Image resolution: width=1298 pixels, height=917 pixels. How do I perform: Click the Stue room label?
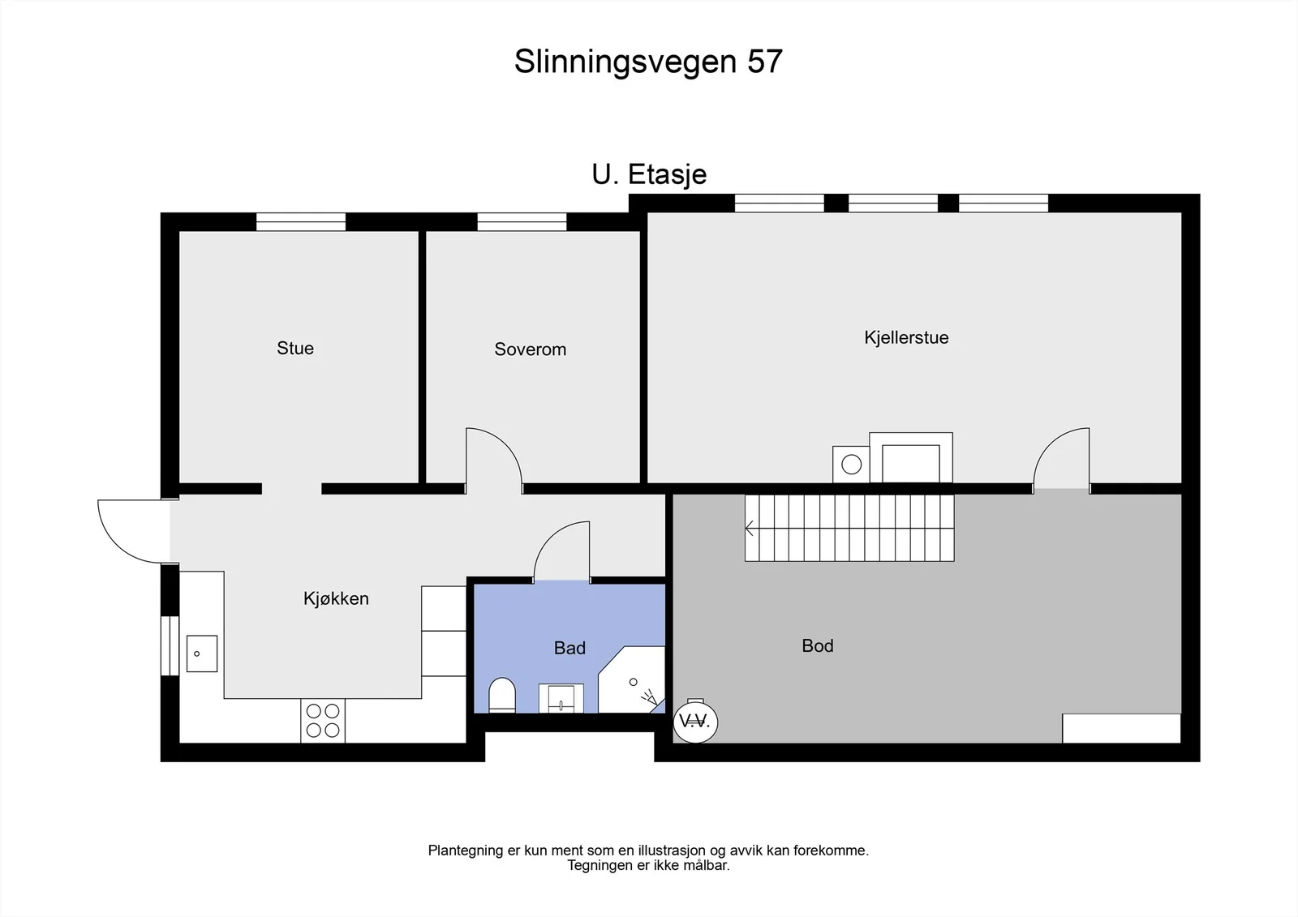point(295,348)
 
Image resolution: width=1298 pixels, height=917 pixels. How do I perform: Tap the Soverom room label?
point(531,349)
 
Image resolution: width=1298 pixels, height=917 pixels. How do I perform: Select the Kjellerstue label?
point(906,338)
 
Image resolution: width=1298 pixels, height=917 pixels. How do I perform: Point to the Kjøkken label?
point(336,598)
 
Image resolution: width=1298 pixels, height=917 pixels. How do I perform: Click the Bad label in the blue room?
point(569,648)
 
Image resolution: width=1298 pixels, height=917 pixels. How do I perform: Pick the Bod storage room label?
point(818,646)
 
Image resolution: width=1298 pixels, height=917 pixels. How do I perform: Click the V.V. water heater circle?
point(695,722)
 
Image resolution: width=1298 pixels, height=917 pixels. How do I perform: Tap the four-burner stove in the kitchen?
point(323,721)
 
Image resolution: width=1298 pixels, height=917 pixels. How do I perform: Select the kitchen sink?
point(202,653)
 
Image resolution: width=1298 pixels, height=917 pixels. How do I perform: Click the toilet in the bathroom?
point(502,695)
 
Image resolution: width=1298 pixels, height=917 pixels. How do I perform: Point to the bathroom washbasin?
point(561,699)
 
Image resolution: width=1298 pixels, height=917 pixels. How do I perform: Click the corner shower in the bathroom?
point(632,679)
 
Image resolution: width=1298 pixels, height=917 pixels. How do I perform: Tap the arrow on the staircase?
point(750,529)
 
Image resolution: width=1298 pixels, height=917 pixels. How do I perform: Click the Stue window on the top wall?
point(301,222)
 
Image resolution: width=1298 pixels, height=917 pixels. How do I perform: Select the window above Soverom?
point(522,222)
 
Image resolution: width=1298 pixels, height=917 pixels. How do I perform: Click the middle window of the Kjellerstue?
point(893,204)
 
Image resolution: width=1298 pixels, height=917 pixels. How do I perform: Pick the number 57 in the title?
point(765,61)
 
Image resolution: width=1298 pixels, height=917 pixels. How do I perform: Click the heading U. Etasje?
point(649,174)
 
